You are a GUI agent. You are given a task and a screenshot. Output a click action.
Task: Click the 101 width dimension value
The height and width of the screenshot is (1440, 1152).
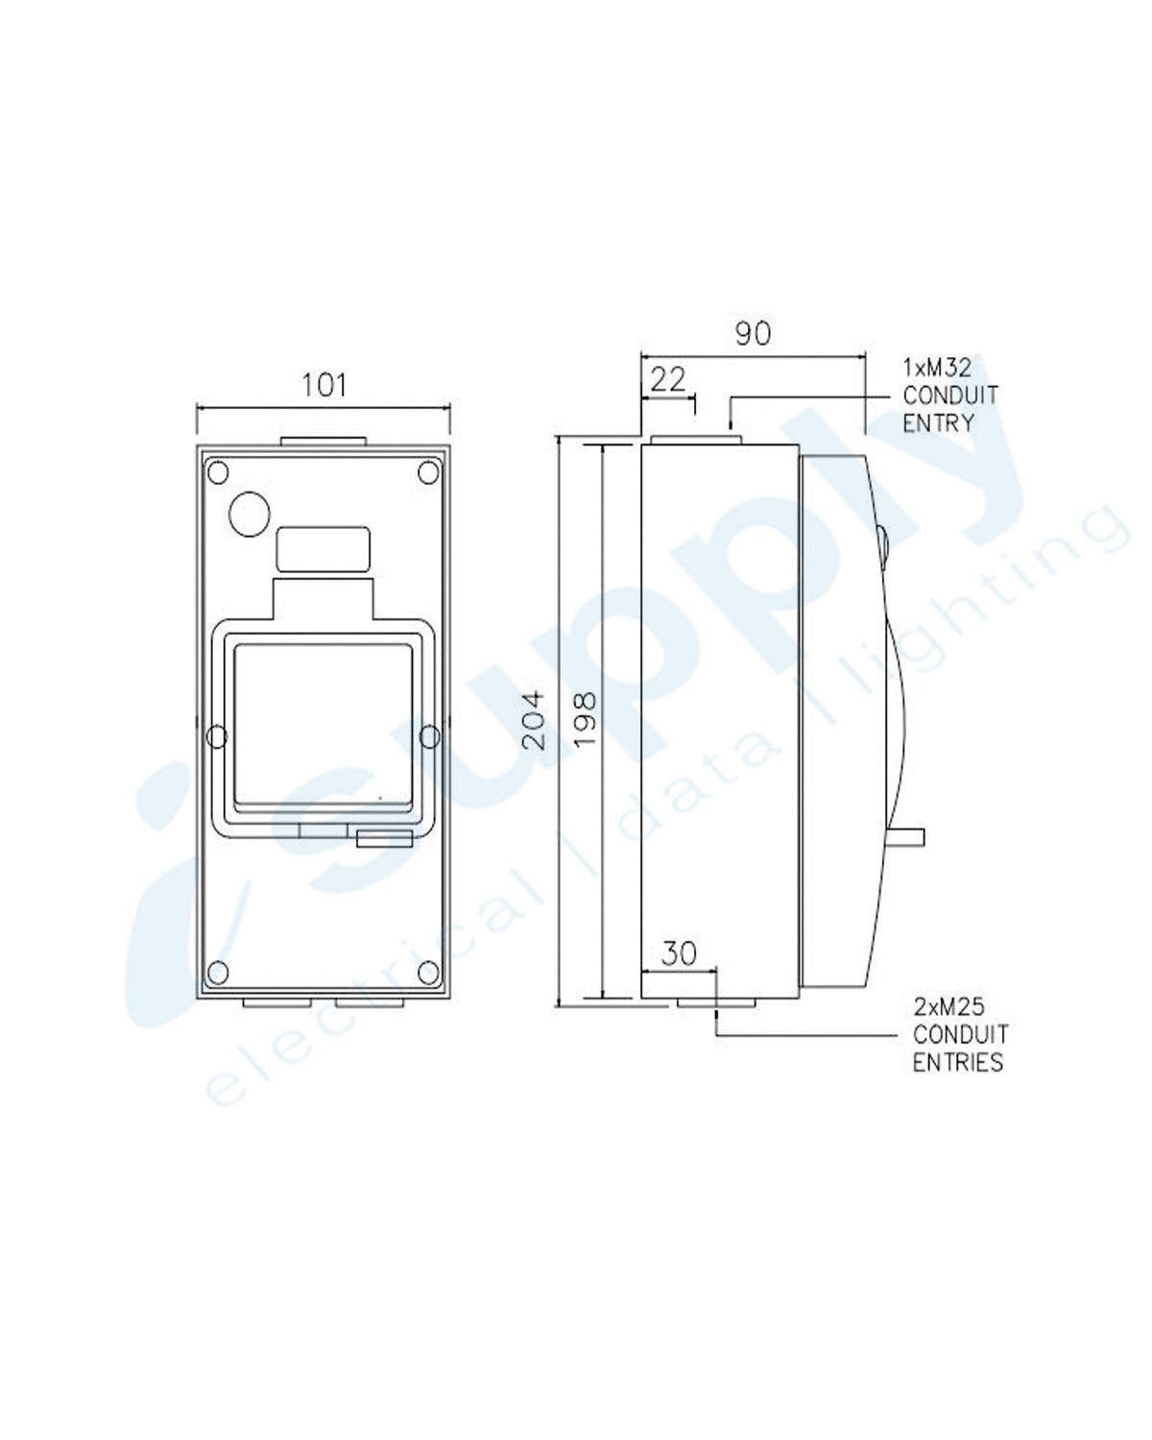(x=324, y=385)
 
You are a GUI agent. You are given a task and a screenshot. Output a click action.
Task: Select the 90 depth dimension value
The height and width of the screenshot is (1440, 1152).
(x=753, y=333)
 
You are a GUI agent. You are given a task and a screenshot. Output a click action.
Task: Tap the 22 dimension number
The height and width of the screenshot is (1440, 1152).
(x=667, y=381)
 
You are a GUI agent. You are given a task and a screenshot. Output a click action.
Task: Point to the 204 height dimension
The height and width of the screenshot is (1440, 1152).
(x=534, y=721)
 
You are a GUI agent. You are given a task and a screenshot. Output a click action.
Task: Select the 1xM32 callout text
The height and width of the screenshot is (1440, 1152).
(x=936, y=368)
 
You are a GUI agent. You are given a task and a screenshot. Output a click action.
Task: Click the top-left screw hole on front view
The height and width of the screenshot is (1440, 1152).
(x=218, y=473)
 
